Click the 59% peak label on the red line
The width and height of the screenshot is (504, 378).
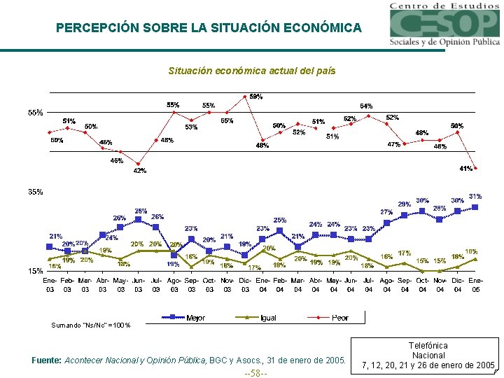coord(256,97)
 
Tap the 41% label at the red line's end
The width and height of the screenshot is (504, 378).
coord(465,169)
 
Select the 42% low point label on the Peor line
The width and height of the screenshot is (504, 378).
coord(140,171)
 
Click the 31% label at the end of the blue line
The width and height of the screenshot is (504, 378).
coord(475,197)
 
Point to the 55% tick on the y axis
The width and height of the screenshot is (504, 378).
coord(35,112)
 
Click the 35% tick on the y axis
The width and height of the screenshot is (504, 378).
coord(35,191)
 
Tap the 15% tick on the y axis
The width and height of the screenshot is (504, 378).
coord(35,271)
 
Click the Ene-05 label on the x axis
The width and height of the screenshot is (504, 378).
coord(475,284)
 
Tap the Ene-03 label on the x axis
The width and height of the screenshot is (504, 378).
coord(50,284)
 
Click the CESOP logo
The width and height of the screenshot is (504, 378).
coord(444,24)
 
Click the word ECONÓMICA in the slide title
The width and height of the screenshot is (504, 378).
coord(323,28)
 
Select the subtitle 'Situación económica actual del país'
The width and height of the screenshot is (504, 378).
coord(252,71)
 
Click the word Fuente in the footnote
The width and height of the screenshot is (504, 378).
coord(48,360)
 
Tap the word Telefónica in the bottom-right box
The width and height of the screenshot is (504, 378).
coord(428,345)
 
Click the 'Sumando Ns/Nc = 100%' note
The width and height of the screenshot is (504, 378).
coord(90,325)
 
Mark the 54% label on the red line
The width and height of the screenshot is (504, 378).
coord(366,106)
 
